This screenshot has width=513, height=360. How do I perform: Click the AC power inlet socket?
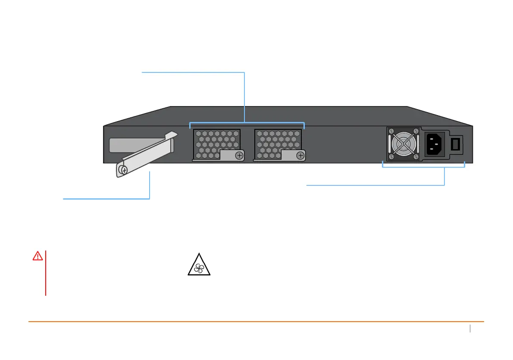pyautogui.click(x=435, y=144)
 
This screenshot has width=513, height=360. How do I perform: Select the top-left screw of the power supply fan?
pyautogui.click(x=391, y=131)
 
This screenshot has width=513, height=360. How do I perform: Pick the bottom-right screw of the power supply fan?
pyautogui.click(x=416, y=157)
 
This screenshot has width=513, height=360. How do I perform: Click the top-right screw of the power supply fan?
pyautogui.click(x=416, y=131)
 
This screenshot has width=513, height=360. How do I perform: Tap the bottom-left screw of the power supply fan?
pyautogui.click(x=391, y=157)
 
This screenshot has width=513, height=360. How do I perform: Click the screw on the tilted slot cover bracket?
pyautogui.click(x=124, y=170)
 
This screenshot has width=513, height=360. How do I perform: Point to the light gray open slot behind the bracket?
pyautogui.click(x=129, y=146)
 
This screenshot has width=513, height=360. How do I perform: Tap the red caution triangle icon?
pyautogui.click(x=38, y=256)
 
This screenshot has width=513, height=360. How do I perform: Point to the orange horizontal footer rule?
pyautogui.click(x=256, y=322)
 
